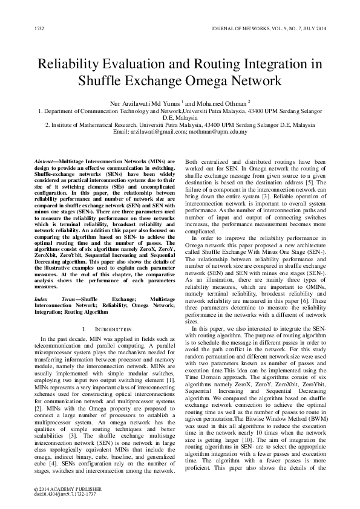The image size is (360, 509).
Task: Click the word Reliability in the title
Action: [73, 65]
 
